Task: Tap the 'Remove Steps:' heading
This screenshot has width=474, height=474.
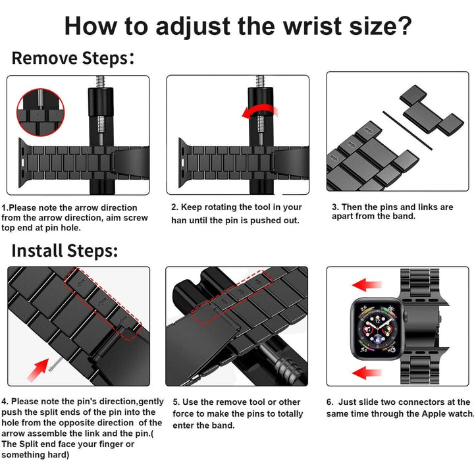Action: [x=73, y=58]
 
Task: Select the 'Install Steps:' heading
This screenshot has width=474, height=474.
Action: [x=65, y=251]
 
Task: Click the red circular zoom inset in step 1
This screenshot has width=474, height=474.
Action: [x=41, y=112]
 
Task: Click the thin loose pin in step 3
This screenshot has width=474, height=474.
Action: [x=408, y=130]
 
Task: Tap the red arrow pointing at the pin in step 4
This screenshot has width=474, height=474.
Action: [x=38, y=370]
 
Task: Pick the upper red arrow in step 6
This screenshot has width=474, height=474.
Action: [x=367, y=285]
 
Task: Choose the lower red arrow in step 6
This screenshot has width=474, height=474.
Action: [x=367, y=373]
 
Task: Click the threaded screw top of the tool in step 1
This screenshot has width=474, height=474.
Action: [x=100, y=82]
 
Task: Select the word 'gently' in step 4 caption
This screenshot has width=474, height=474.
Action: [x=151, y=402]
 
